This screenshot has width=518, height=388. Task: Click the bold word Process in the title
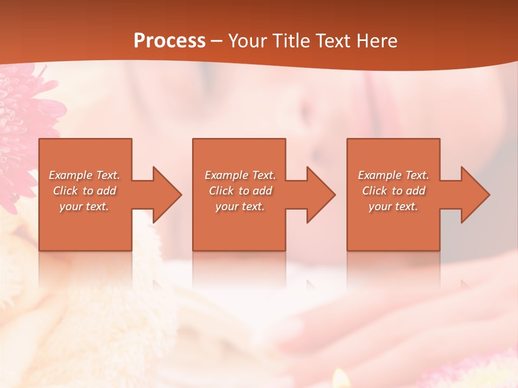pyautogui.click(x=169, y=41)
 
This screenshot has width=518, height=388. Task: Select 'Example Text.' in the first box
pyautogui.click(x=84, y=175)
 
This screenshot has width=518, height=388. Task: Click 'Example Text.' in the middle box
pyautogui.click(x=240, y=175)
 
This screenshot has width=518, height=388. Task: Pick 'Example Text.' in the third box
pyautogui.click(x=393, y=175)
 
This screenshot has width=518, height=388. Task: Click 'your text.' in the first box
pyautogui.click(x=84, y=206)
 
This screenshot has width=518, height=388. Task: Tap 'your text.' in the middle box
pyautogui.click(x=240, y=206)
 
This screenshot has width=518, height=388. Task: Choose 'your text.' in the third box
pyautogui.click(x=393, y=206)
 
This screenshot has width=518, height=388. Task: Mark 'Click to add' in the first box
pyautogui.click(x=84, y=191)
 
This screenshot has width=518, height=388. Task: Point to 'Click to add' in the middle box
pyautogui.click(x=240, y=191)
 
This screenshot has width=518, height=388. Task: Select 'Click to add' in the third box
pyautogui.click(x=393, y=191)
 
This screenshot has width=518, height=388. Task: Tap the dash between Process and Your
pyautogui.click(x=216, y=41)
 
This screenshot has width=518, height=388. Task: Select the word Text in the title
pyautogui.click(x=333, y=41)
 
